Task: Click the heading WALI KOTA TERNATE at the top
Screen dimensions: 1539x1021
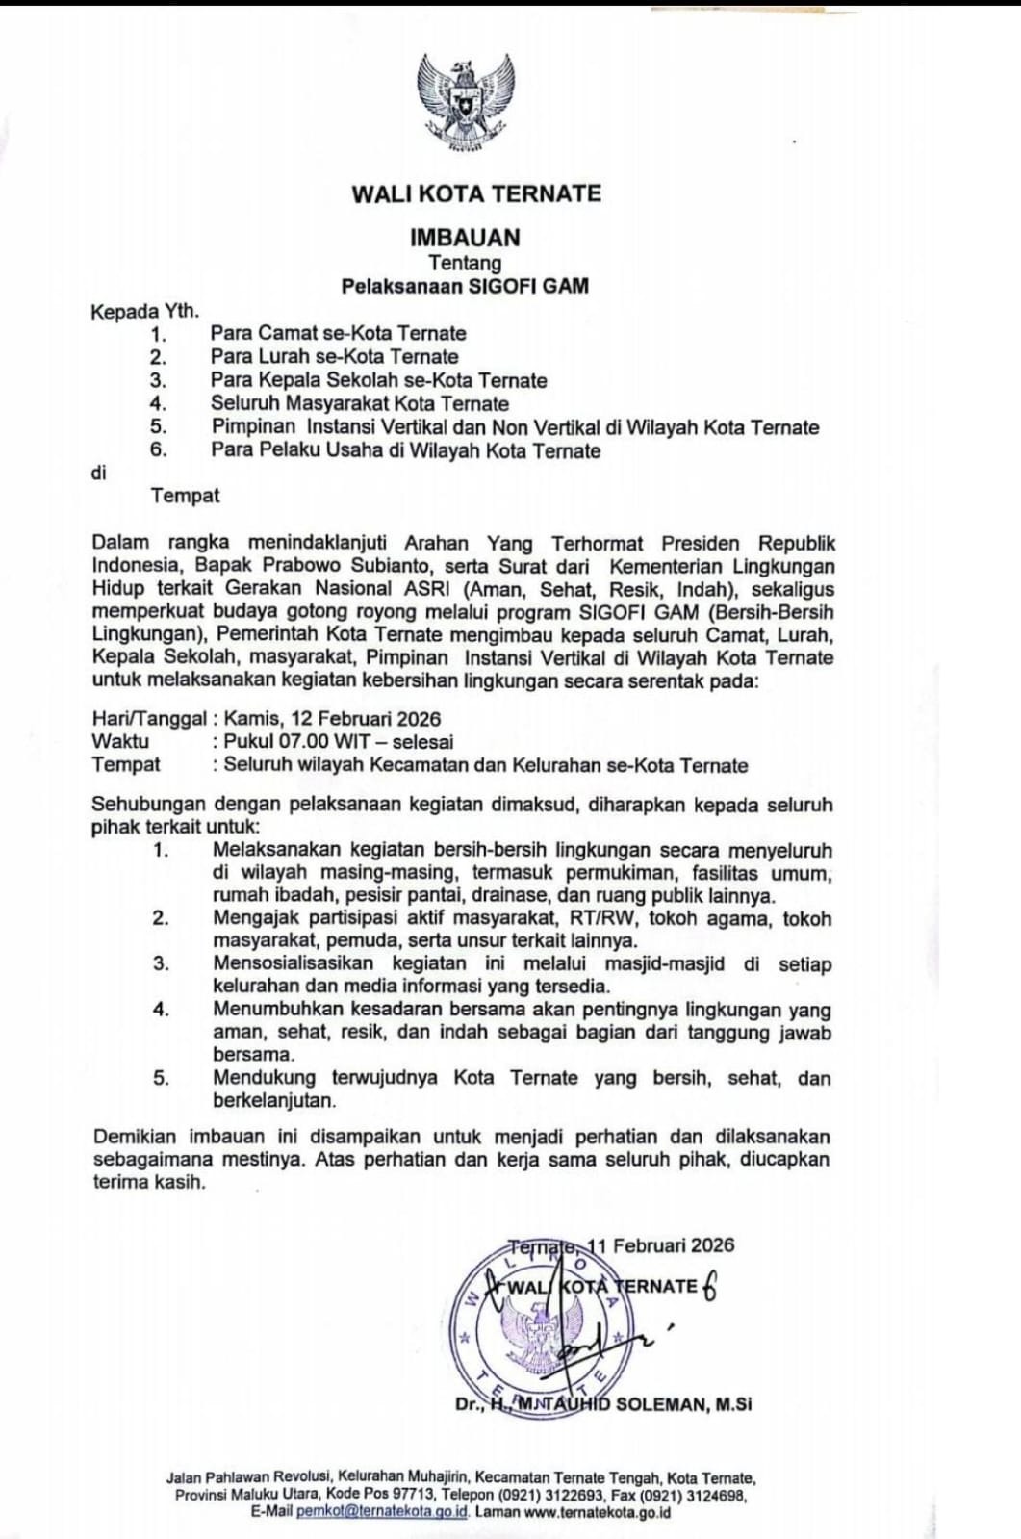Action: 476,193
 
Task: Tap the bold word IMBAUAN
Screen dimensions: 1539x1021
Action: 465,237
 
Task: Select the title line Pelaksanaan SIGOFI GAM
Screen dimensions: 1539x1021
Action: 465,286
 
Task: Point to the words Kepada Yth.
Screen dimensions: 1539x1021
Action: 144,311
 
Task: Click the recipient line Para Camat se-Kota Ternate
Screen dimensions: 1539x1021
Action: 338,333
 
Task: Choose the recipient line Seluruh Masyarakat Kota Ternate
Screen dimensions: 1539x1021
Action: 360,403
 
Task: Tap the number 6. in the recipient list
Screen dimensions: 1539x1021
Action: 159,449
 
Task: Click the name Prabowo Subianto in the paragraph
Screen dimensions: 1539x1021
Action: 332,566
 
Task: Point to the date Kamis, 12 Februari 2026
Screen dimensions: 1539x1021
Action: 332,718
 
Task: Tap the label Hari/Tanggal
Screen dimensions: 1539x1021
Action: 148,718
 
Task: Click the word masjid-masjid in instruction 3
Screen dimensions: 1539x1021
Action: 664,963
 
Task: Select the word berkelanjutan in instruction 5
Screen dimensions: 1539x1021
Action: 273,1100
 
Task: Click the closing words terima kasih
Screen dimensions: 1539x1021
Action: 149,1182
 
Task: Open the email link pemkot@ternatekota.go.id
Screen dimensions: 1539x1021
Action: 382,1511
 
